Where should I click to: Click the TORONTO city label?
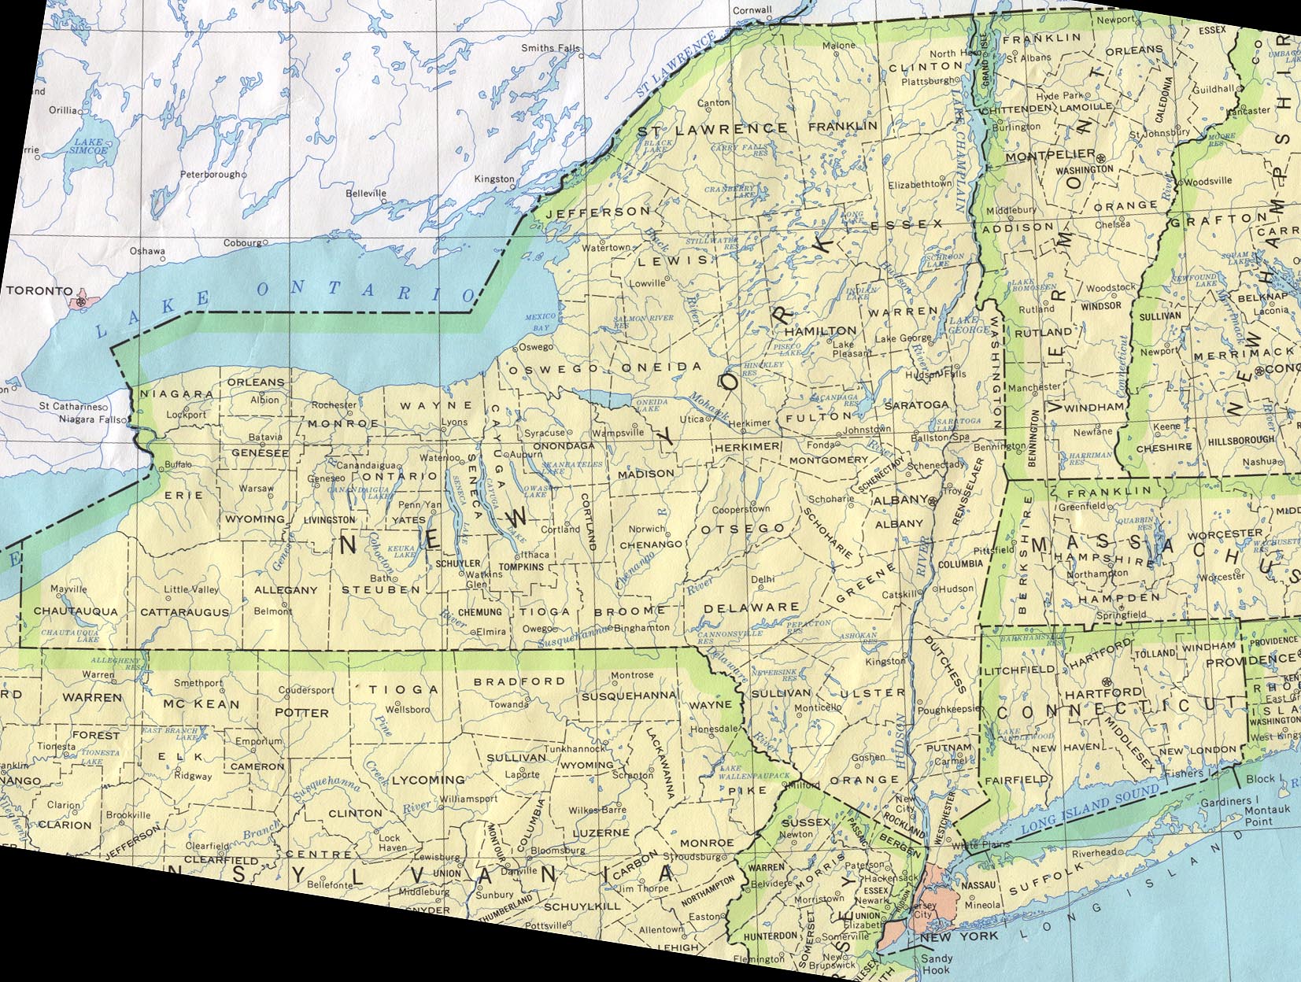(39, 290)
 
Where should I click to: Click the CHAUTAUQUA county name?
(76, 611)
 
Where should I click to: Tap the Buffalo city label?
(178, 464)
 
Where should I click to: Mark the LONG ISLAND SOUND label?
(1089, 807)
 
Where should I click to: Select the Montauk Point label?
(1267, 815)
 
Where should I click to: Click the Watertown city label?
(606, 248)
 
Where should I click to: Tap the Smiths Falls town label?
(550, 48)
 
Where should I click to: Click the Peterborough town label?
(209, 174)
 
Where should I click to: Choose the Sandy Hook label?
(937, 964)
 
